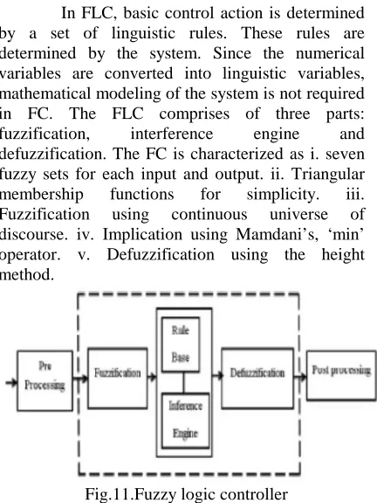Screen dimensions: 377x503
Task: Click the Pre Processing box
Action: (45, 381)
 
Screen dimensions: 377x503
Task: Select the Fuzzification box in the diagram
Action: (118, 378)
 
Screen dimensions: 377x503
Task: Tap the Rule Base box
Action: (181, 345)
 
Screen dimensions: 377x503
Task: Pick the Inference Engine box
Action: (185, 420)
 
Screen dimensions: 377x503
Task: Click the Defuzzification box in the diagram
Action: (257, 378)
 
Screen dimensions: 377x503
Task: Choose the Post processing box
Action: (341, 376)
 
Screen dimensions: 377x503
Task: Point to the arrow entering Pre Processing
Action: (11, 382)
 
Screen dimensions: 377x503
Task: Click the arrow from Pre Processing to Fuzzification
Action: (80, 378)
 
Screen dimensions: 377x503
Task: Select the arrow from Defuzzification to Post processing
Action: (300, 377)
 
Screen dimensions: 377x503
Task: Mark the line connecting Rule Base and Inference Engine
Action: (183, 382)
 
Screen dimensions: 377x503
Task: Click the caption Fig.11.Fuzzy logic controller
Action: (187, 494)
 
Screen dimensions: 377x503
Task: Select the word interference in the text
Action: (172, 134)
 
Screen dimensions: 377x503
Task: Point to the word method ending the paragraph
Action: (26, 275)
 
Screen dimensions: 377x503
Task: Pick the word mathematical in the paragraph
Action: (45, 93)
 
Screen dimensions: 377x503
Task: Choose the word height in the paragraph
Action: (343, 255)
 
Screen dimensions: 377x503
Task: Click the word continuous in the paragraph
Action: (209, 215)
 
